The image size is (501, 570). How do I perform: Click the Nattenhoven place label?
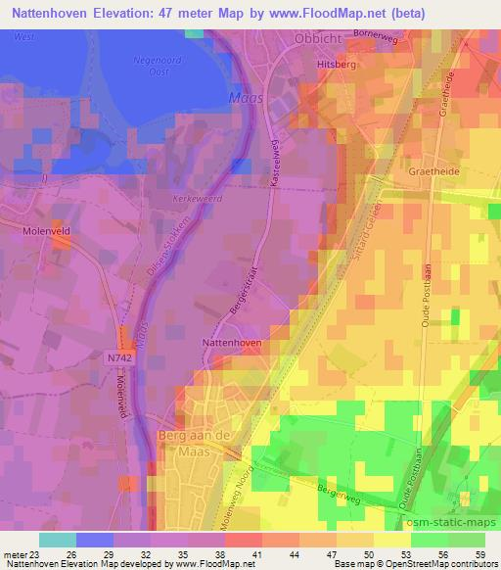(231, 344)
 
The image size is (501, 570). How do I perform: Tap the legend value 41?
(258, 554)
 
